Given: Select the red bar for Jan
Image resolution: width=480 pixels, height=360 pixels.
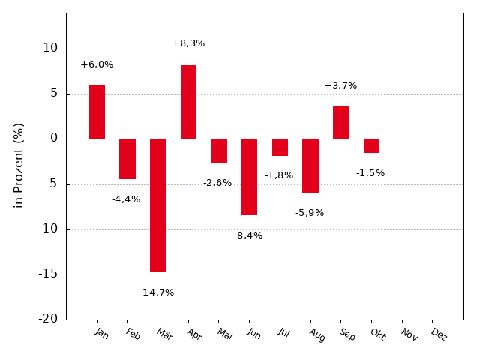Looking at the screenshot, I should (x=97, y=112).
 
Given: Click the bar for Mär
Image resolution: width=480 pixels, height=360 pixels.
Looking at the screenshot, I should (x=157, y=205).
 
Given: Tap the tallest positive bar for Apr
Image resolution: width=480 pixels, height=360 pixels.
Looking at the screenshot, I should (x=188, y=101).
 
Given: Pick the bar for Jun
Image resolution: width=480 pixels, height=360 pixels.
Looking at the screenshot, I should (x=249, y=177).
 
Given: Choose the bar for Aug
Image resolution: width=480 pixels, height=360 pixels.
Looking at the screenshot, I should (x=310, y=166).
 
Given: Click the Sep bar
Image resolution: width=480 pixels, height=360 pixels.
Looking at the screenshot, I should (x=340, y=122).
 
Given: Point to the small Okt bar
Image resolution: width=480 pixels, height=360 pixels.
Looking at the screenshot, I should (x=371, y=145).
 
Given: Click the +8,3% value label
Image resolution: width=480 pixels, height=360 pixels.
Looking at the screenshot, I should (x=188, y=43).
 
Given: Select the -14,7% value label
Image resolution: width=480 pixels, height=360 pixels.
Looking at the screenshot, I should (x=157, y=292).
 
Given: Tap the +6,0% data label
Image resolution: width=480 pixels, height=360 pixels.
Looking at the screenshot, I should (x=97, y=64).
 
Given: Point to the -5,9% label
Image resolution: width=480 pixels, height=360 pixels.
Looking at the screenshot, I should (x=310, y=213).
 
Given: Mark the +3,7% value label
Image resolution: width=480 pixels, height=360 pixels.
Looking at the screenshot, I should (x=340, y=85).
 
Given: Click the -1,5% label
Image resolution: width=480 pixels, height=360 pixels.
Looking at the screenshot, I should (x=370, y=173).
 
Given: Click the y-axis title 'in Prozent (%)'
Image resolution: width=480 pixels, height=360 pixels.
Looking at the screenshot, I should (x=19, y=165).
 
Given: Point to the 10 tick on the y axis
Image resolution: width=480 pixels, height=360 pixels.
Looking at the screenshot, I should (x=50, y=48).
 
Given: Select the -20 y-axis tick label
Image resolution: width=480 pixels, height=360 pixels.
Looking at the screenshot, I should (x=49, y=319).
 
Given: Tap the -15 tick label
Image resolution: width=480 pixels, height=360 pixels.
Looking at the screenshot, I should (x=49, y=274).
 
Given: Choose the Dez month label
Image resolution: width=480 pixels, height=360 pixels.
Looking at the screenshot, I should (x=439, y=334).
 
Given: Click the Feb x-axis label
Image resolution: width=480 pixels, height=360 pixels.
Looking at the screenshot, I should (x=133, y=334).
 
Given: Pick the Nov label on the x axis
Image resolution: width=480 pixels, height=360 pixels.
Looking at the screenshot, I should (x=409, y=334).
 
